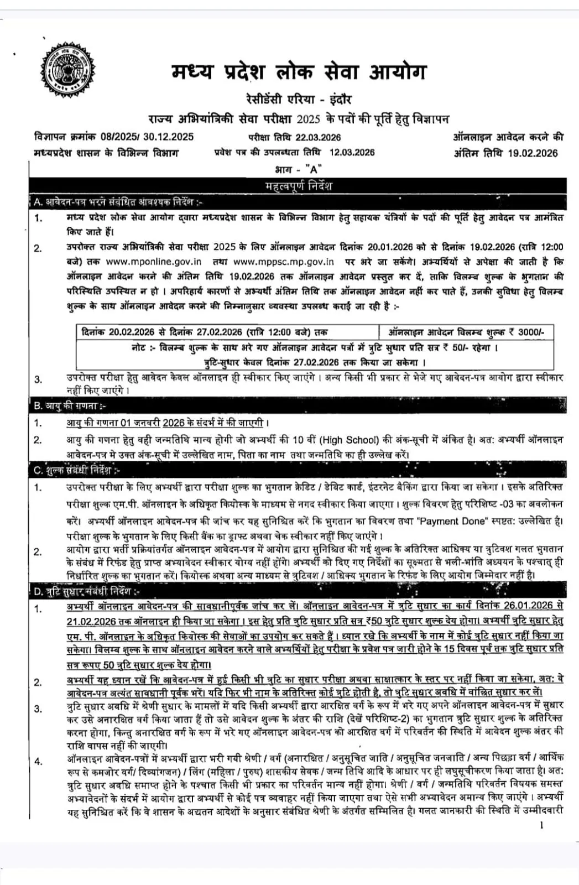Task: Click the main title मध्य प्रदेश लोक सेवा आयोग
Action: click(299, 72)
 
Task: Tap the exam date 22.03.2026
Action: click(318, 137)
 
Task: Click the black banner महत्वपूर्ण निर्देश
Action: click(298, 186)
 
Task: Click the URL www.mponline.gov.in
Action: click(153, 262)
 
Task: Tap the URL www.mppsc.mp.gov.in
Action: click(283, 262)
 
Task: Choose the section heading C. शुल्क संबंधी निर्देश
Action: click(77, 471)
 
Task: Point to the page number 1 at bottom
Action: click(541, 825)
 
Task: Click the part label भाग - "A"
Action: click(298, 169)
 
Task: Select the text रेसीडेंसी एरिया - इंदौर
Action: click(299, 100)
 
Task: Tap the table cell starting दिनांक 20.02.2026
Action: click(204, 332)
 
